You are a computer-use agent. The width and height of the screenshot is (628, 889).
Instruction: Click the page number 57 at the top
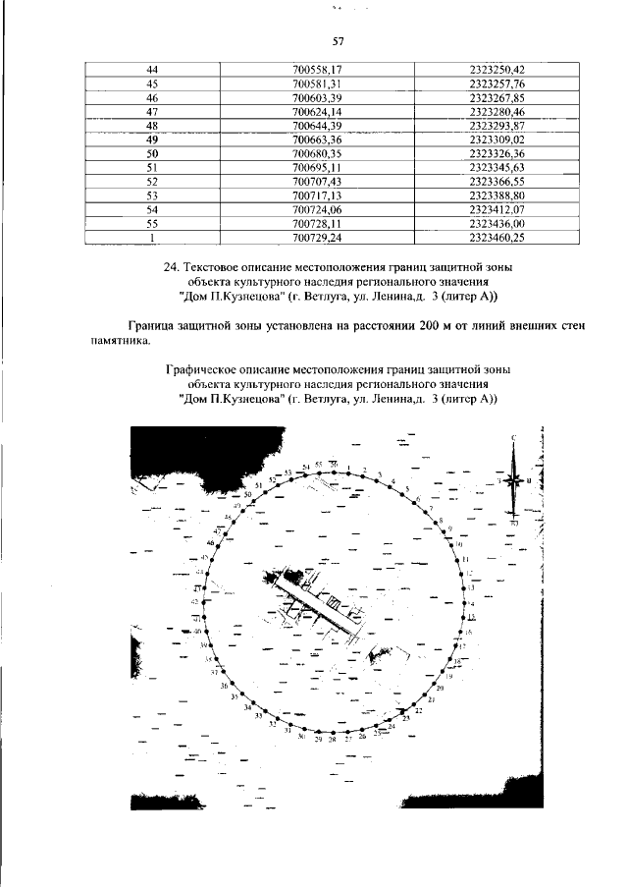click(338, 40)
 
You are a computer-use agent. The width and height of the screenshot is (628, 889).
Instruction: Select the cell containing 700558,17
click(317, 69)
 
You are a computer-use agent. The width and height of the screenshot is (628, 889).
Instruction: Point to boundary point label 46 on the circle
click(210, 542)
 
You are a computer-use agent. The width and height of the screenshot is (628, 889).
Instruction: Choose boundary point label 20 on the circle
click(441, 689)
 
